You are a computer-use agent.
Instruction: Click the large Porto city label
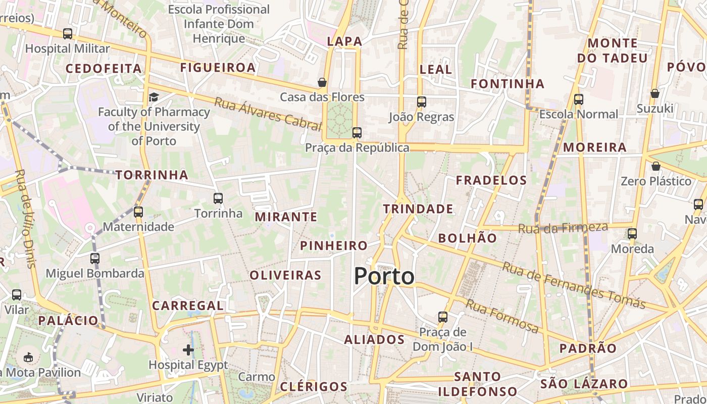coord(384,276)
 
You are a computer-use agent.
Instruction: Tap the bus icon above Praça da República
coord(357,133)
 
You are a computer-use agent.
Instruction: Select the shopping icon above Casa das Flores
coord(322,82)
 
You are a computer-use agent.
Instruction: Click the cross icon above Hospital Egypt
coord(188,349)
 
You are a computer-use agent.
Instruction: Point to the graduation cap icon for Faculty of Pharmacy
coord(154,97)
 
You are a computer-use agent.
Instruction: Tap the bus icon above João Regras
coord(422,102)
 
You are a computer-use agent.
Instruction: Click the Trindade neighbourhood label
coord(418,209)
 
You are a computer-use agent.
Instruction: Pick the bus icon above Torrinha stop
coord(218,198)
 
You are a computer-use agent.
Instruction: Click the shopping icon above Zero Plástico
coord(655,166)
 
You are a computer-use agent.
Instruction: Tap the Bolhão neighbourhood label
coord(467,238)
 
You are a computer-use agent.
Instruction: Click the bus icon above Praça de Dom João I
coord(443,317)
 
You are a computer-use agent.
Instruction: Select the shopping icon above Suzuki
coord(654,93)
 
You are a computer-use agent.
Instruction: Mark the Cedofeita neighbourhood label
coord(104,68)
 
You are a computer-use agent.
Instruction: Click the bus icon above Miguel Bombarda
coord(95,259)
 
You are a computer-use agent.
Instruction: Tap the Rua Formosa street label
coord(502,316)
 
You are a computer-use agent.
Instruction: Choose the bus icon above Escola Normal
coord(579,99)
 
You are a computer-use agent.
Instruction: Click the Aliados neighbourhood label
coord(374,339)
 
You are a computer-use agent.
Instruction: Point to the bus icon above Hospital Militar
coord(68,34)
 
